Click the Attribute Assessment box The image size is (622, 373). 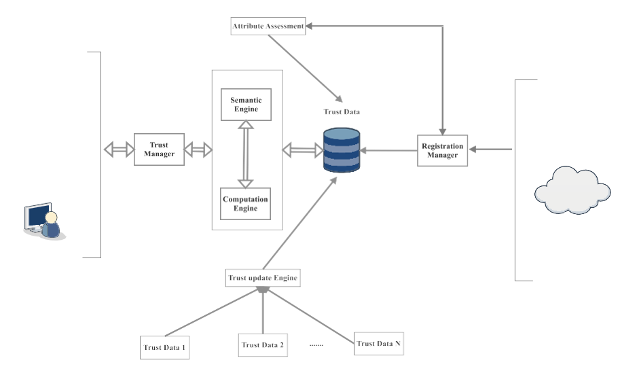pos(267,27)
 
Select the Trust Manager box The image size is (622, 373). pos(159,149)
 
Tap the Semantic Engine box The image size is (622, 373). pos(246,104)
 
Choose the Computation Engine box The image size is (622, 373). pos(246,204)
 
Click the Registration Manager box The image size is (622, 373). pos(443,150)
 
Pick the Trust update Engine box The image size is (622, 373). pos(262,277)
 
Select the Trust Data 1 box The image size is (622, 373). pos(164,347)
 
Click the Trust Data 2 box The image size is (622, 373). pos(263,344)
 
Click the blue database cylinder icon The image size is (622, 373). pos(342,150)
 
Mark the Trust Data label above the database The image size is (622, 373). pos(341,111)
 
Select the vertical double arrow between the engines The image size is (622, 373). pos(246,154)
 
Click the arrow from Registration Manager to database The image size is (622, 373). pos(389,150)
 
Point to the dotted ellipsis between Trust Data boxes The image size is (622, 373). pos(316,344)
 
